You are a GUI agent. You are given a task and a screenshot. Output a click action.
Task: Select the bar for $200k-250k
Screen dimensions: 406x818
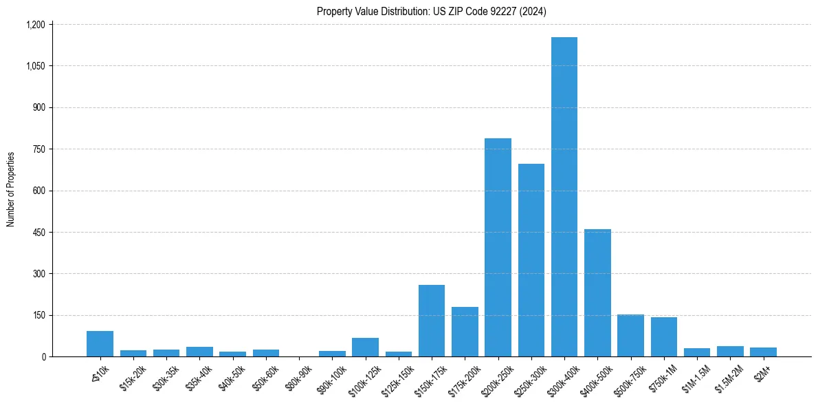point(498,248)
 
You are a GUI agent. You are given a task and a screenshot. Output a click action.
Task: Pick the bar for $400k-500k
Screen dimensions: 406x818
point(597,293)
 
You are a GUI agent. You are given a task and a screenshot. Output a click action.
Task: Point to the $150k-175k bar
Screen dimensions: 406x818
point(432,321)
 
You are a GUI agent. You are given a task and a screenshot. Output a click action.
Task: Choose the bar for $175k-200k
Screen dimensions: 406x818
point(465,332)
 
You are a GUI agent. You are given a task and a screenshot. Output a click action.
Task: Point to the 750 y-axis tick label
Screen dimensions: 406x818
point(38,149)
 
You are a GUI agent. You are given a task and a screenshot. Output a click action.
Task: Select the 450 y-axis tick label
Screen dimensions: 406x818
point(38,232)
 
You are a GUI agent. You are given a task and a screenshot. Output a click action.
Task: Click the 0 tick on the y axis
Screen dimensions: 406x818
point(43,356)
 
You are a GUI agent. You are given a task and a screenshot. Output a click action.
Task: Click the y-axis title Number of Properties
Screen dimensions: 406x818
point(10,189)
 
